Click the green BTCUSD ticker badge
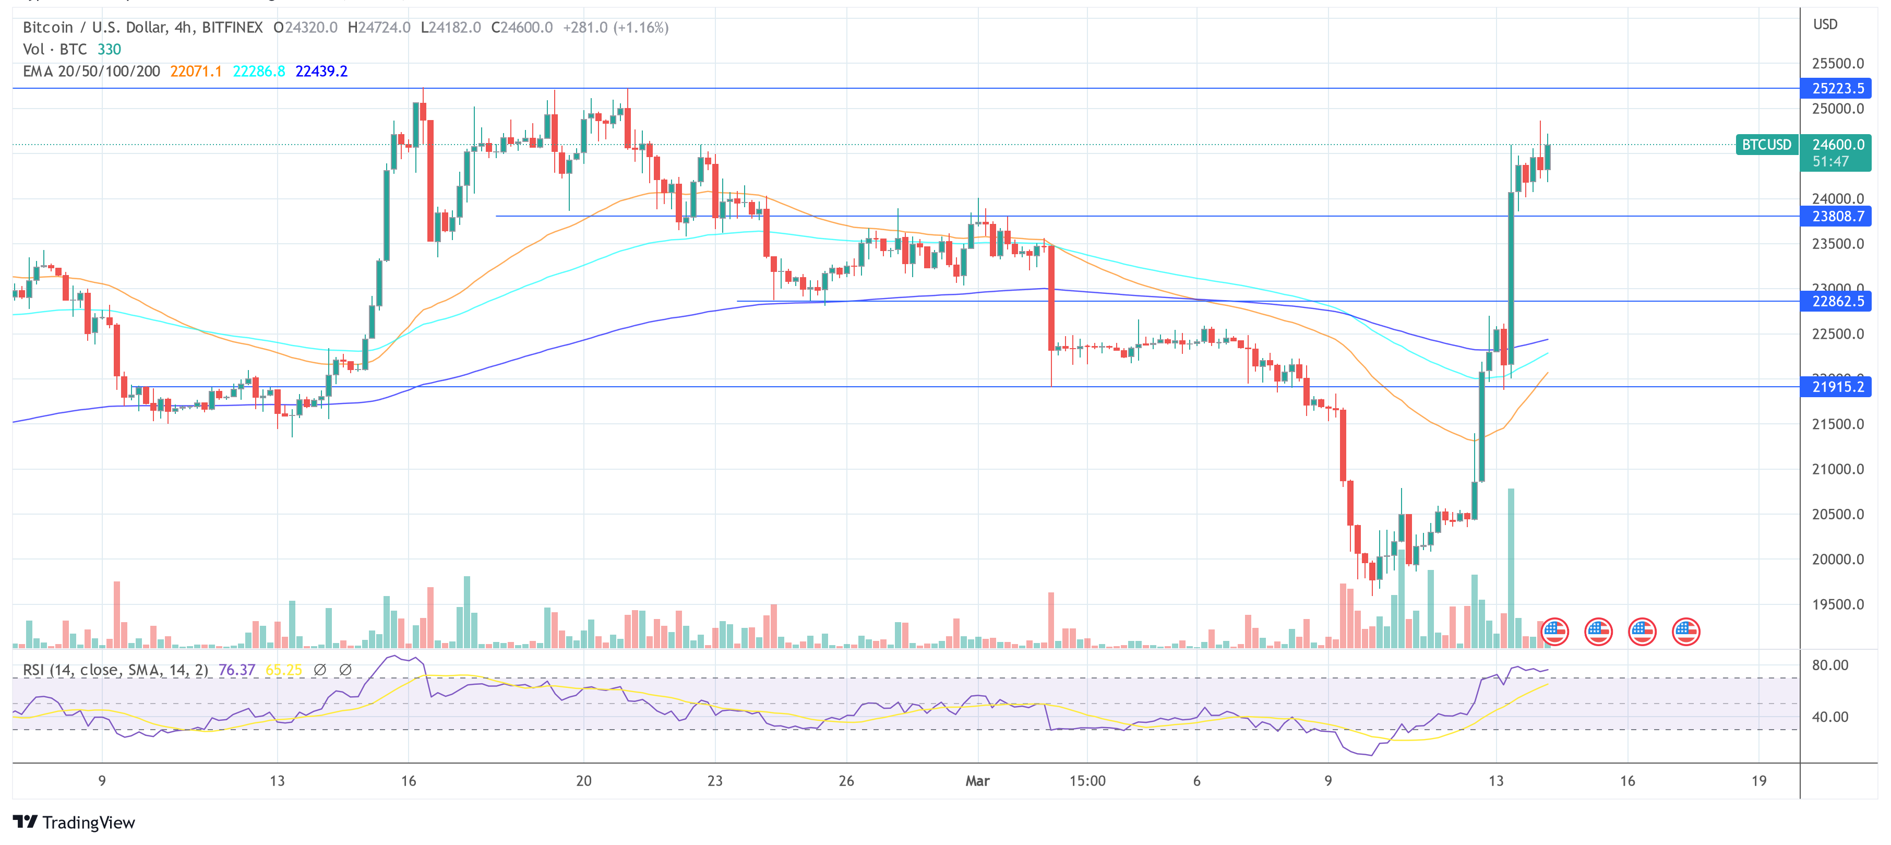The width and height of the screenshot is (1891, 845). click(1766, 145)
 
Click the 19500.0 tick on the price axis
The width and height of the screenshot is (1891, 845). click(1837, 604)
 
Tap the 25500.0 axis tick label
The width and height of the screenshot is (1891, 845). click(1837, 63)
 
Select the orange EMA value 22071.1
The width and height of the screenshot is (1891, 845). click(195, 71)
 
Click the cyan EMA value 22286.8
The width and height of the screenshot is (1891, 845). click(258, 71)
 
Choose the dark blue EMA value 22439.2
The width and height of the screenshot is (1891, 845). click(321, 71)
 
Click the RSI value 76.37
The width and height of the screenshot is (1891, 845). click(236, 670)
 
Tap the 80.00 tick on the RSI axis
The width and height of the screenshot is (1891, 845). click(1829, 665)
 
